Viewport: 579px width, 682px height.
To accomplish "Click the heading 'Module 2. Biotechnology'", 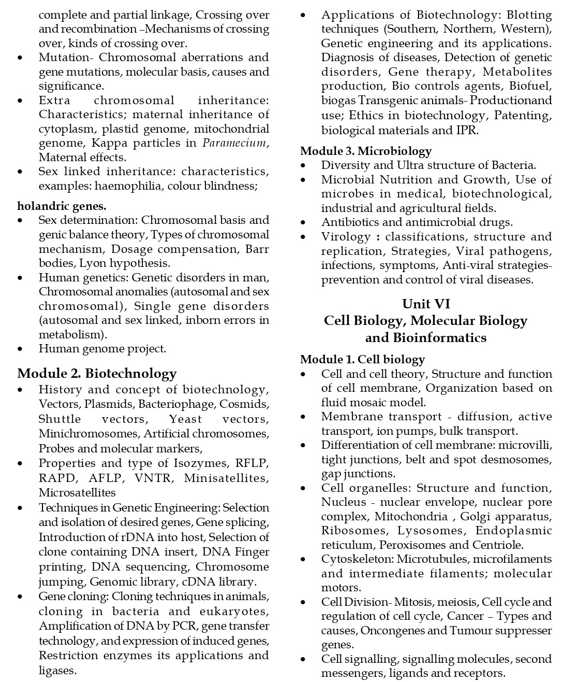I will point(97,374).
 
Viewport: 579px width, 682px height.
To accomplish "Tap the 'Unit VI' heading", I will point(426,304).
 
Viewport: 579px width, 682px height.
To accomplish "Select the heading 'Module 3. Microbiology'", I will point(366,151).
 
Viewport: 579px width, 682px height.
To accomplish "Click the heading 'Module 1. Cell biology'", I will point(362,360).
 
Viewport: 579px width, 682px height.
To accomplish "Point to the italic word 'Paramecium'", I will point(234,143).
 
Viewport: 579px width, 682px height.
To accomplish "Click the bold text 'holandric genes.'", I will point(62,206).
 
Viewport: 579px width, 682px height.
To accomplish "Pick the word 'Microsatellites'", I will point(77,492).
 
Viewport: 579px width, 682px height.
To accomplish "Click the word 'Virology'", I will point(346,237).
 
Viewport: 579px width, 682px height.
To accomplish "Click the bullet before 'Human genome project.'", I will point(20,349).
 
